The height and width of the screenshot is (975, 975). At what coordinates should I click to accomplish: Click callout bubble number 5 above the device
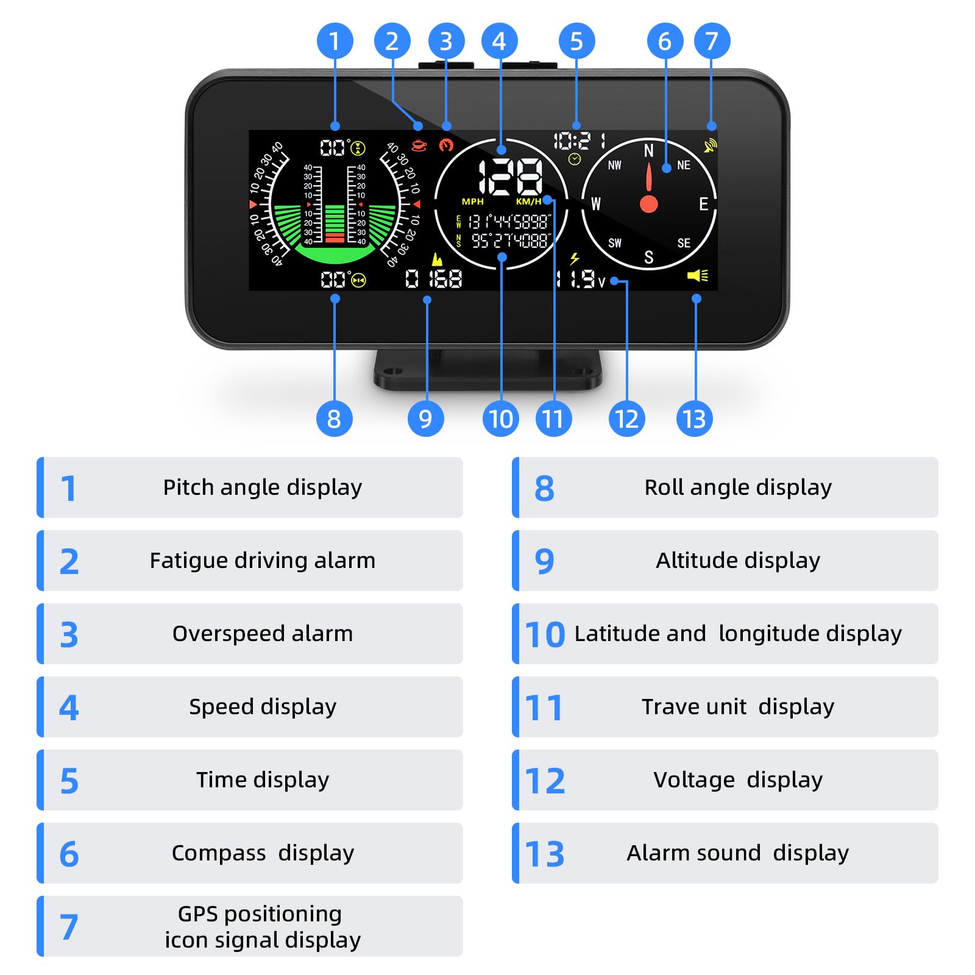click(x=576, y=41)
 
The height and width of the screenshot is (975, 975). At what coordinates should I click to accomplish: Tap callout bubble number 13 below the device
click(x=694, y=419)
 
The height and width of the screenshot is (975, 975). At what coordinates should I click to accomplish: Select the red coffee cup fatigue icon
click(x=419, y=145)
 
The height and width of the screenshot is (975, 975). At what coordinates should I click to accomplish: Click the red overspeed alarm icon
click(x=447, y=145)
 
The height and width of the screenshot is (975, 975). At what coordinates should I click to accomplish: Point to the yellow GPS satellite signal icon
click(x=710, y=146)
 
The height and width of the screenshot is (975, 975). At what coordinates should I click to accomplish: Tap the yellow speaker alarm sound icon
click(x=698, y=275)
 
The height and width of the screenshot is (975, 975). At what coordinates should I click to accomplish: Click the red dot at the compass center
click(x=649, y=204)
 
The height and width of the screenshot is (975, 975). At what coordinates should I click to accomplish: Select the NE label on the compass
click(x=684, y=165)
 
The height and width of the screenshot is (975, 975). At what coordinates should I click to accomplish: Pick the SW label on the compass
click(x=615, y=243)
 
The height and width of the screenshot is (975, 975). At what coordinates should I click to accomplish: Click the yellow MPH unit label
click(x=472, y=202)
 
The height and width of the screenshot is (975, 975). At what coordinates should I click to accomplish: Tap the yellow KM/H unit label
click(x=528, y=202)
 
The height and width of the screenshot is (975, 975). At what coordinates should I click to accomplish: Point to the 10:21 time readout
click(x=580, y=141)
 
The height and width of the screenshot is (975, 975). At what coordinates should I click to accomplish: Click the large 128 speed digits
click(x=511, y=177)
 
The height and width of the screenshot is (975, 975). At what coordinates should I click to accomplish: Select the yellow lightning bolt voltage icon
click(x=574, y=258)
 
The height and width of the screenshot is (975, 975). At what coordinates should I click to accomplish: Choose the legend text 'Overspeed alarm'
click(x=263, y=634)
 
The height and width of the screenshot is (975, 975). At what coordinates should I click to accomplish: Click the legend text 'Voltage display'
click(x=738, y=780)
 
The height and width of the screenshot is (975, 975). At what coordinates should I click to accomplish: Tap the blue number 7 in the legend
click(x=69, y=927)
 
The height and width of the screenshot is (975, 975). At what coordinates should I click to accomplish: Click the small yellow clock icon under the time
click(x=574, y=160)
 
